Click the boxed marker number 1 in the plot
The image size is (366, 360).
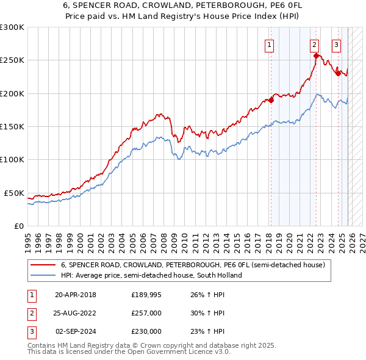point(269,44)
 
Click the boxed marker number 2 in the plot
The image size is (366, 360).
point(314,44)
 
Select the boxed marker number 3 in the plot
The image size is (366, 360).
point(336,44)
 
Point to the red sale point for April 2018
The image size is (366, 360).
point(271,101)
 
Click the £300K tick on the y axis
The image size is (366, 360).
point(12,27)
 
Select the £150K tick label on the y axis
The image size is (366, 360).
point(12,127)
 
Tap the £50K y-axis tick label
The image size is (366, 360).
point(15,193)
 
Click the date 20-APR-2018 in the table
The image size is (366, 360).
point(76,295)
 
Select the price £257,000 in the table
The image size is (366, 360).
point(146,313)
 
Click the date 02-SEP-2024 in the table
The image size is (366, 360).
point(76,331)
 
